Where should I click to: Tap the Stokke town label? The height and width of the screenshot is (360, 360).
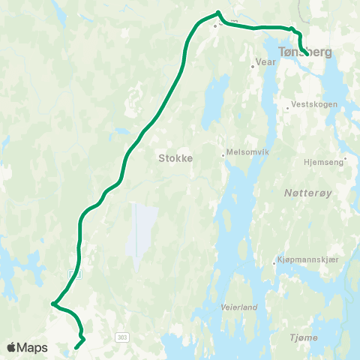click(x=176, y=158)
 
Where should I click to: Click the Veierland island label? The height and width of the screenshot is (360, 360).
click(x=239, y=307)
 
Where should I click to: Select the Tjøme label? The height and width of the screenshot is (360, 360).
click(x=304, y=338)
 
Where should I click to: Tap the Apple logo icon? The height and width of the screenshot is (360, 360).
click(x=12, y=347)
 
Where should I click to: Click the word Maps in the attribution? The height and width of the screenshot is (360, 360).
click(x=32, y=347)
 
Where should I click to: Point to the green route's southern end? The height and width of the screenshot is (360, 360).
click(x=76, y=347)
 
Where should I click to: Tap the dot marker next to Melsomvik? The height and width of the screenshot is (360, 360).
click(x=223, y=155)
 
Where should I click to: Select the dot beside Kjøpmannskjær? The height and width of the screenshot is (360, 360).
click(x=274, y=263)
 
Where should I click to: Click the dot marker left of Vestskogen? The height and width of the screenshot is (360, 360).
click(x=287, y=108)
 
